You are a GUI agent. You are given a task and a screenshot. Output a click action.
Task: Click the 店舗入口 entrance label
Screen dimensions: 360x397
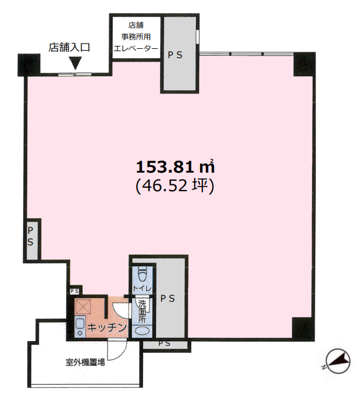69,47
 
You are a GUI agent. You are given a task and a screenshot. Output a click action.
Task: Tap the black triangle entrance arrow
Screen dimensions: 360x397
75,63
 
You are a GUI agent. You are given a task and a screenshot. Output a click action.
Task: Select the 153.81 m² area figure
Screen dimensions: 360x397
175,167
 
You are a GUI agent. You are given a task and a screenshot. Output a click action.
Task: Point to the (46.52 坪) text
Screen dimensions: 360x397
175,186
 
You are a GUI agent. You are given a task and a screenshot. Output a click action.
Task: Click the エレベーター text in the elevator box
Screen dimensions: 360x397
136,48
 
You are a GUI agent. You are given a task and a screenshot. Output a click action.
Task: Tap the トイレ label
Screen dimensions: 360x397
142,288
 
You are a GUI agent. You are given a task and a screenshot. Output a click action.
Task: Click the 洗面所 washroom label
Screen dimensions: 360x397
142,312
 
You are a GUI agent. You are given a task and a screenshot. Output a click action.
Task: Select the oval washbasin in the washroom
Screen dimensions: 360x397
142,331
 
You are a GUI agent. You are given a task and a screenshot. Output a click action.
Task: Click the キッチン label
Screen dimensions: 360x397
106,328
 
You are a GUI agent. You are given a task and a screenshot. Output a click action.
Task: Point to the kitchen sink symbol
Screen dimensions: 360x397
80,327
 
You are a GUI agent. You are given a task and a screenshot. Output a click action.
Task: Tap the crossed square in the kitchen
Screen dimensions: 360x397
83,307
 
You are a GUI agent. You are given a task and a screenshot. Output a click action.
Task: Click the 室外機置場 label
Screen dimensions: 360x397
85,362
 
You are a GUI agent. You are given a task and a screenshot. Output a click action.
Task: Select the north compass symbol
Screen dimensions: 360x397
338,362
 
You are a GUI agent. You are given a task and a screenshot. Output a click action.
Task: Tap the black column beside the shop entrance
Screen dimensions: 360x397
29,65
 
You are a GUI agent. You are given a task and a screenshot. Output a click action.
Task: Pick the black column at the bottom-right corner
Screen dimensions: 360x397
303,328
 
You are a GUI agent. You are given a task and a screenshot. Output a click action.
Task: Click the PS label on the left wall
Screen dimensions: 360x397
30,236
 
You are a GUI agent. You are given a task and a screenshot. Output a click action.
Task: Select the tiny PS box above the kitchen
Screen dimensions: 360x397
74,291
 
